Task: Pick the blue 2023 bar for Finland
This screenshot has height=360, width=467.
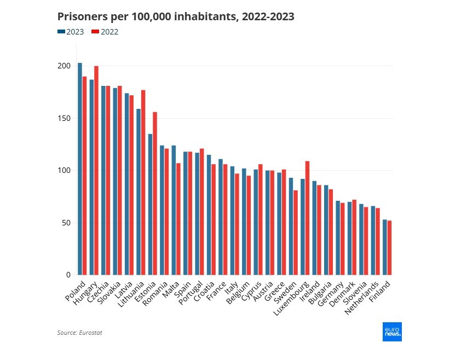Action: pos(385,247)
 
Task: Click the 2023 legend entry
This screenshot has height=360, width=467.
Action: pos(71,32)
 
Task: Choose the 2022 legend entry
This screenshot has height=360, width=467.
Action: pos(105,32)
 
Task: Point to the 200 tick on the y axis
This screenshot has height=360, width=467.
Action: pos(65,66)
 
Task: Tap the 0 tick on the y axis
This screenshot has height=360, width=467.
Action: pos(68,275)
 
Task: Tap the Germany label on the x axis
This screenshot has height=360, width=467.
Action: pos(333,295)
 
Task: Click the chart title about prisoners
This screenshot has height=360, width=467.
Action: pos(176,17)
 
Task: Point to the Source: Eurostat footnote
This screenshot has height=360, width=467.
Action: pos(79,332)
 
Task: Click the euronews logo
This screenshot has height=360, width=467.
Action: pos(392,332)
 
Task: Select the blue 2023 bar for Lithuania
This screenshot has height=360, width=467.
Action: pos(139,191)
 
